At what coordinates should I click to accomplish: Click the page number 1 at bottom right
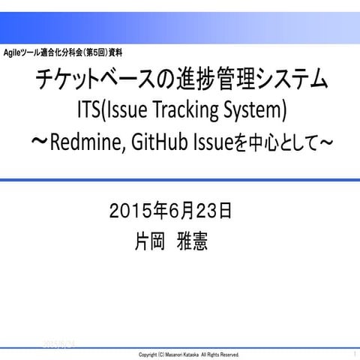click(x=353, y=352)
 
